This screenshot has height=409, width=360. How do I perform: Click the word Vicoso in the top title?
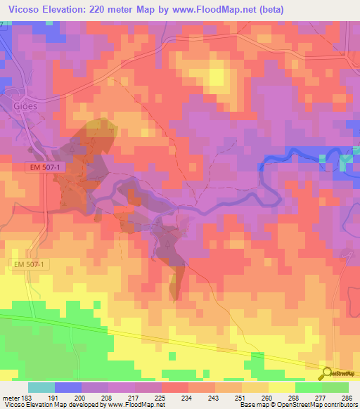pos(21,9)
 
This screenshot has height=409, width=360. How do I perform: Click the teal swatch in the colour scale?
pos(41,387)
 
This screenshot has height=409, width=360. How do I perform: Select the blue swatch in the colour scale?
pos(68,387)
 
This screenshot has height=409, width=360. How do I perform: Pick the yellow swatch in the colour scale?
pos(281,387)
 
